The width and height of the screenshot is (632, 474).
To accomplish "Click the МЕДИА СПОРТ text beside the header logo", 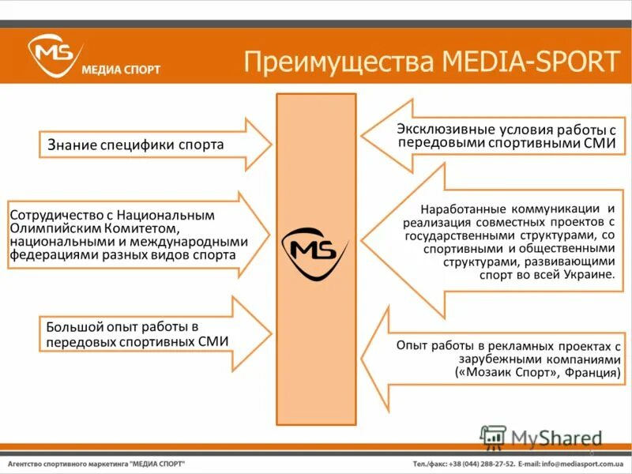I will [x=121, y=70].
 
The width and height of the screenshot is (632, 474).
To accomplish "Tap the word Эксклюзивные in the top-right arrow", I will [x=442, y=130].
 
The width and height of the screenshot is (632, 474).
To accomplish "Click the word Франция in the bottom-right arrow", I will [x=591, y=372].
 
